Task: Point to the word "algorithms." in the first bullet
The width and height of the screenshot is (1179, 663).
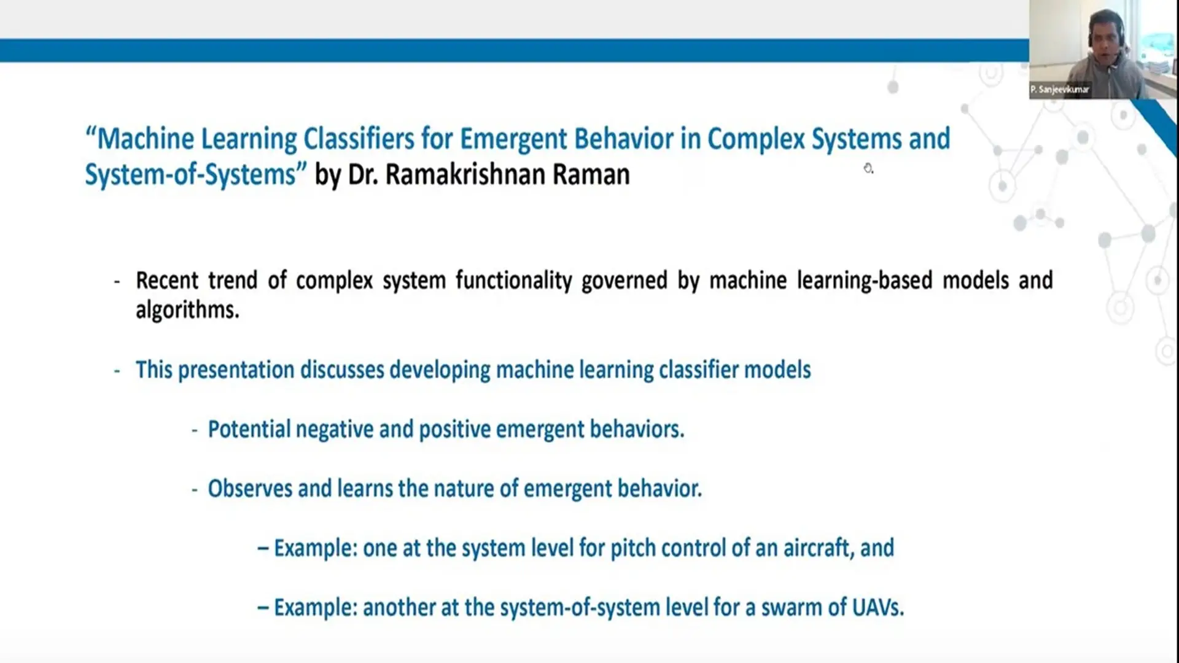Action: (x=187, y=309)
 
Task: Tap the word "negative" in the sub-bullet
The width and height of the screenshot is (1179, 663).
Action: (x=334, y=429)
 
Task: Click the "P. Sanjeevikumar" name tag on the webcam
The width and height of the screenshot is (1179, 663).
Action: (x=1059, y=90)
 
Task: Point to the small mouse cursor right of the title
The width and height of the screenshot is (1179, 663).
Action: (x=868, y=168)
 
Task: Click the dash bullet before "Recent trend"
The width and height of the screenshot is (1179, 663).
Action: (x=117, y=282)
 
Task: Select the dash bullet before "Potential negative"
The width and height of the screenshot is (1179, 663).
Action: (x=195, y=431)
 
